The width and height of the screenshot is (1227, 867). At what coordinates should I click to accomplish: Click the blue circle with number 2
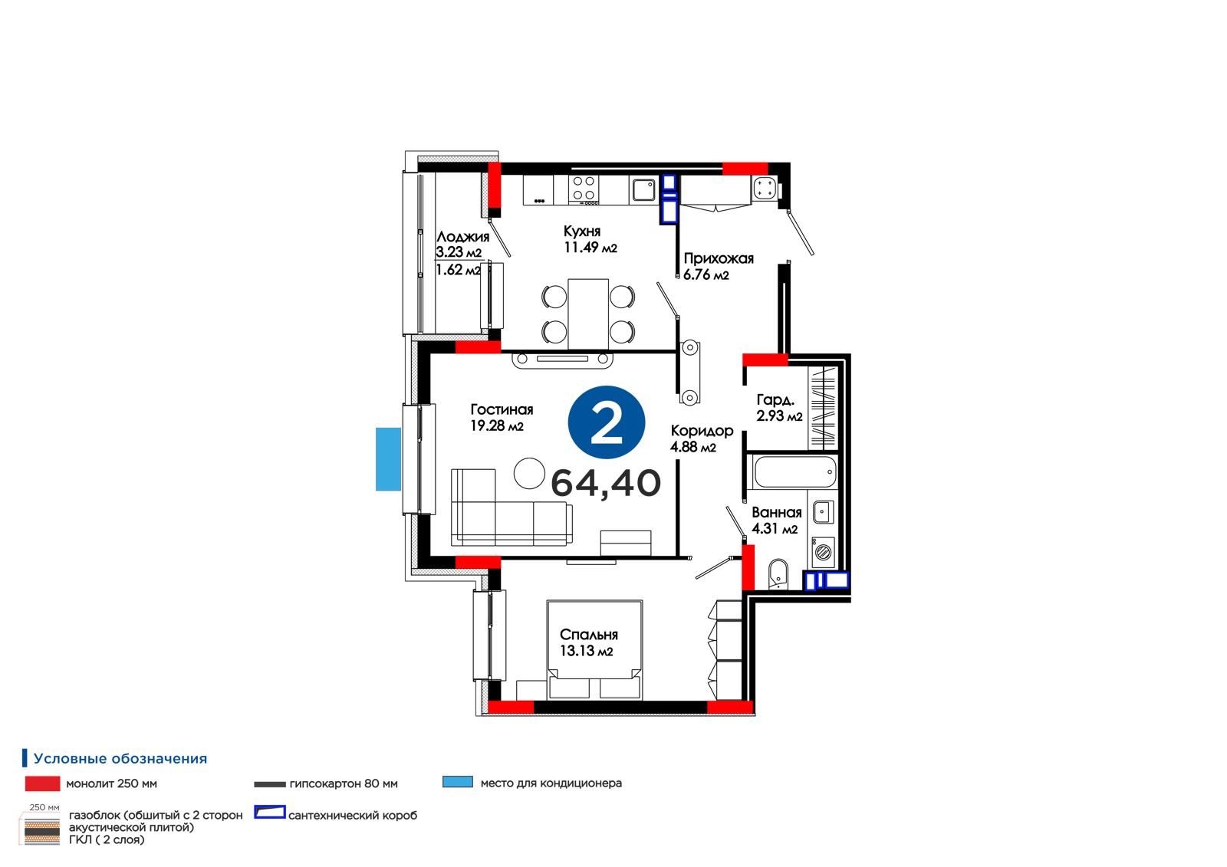607,422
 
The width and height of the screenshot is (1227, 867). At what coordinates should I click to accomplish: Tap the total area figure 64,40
606,483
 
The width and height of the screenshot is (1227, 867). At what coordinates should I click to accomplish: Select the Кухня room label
582,232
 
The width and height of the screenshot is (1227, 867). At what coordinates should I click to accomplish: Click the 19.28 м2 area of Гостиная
497,425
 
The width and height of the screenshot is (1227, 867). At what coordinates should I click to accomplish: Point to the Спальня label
589,634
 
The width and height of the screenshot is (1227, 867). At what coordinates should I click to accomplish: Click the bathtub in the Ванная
795,471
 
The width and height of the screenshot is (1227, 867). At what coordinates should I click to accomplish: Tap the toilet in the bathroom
778,574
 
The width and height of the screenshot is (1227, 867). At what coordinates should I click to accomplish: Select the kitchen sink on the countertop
643,189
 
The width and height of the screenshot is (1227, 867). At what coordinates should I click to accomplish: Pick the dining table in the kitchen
588,314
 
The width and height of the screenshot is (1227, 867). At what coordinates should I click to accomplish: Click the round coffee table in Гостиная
530,473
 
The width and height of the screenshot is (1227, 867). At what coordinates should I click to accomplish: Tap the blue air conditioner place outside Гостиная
388,459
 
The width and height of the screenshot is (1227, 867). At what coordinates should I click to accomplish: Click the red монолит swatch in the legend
43,783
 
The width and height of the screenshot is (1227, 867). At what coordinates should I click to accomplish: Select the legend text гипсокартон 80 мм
344,783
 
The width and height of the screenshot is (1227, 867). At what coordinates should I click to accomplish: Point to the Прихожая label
719,258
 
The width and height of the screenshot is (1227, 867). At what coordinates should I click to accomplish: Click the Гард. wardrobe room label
775,400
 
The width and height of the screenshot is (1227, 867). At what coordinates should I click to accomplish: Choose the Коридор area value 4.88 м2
693,447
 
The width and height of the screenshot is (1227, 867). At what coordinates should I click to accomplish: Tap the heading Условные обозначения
120,759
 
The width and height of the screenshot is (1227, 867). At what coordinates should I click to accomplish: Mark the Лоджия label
463,237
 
